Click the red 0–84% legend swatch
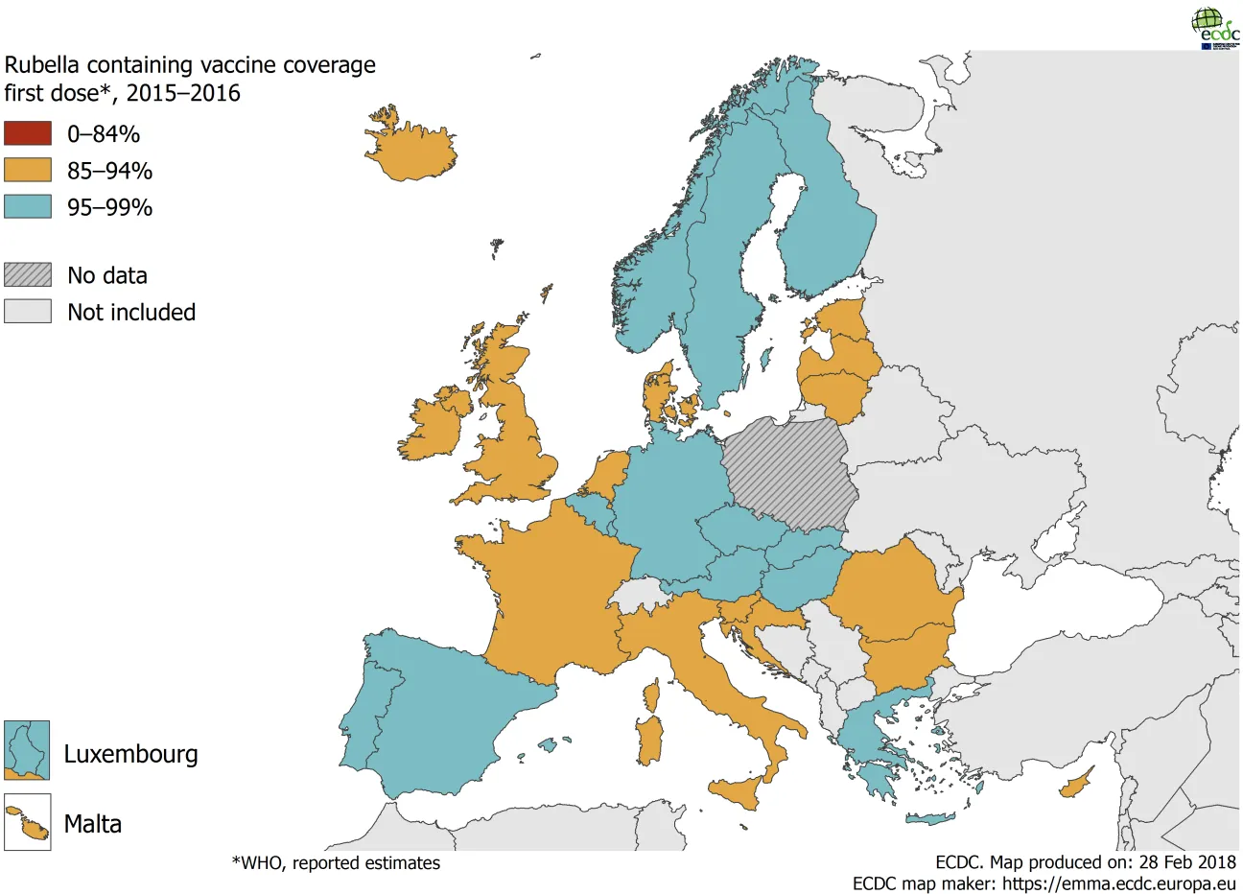point(28,133)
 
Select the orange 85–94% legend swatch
point(28,170)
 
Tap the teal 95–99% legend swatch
point(28,206)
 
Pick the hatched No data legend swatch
point(28,274)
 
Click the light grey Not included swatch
point(28,311)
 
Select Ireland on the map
point(434,426)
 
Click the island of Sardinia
point(649,741)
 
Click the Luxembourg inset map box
point(27,750)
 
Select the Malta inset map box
point(27,822)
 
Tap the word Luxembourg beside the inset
point(130,754)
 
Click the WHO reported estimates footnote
point(336,863)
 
